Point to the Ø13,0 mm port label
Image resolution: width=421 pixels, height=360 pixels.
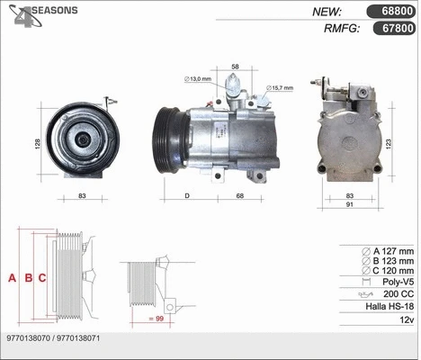[197, 79]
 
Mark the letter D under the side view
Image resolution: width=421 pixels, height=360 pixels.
[187, 196]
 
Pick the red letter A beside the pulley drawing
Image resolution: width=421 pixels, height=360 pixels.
[13, 278]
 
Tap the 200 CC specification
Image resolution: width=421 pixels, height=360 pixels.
[396, 294]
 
